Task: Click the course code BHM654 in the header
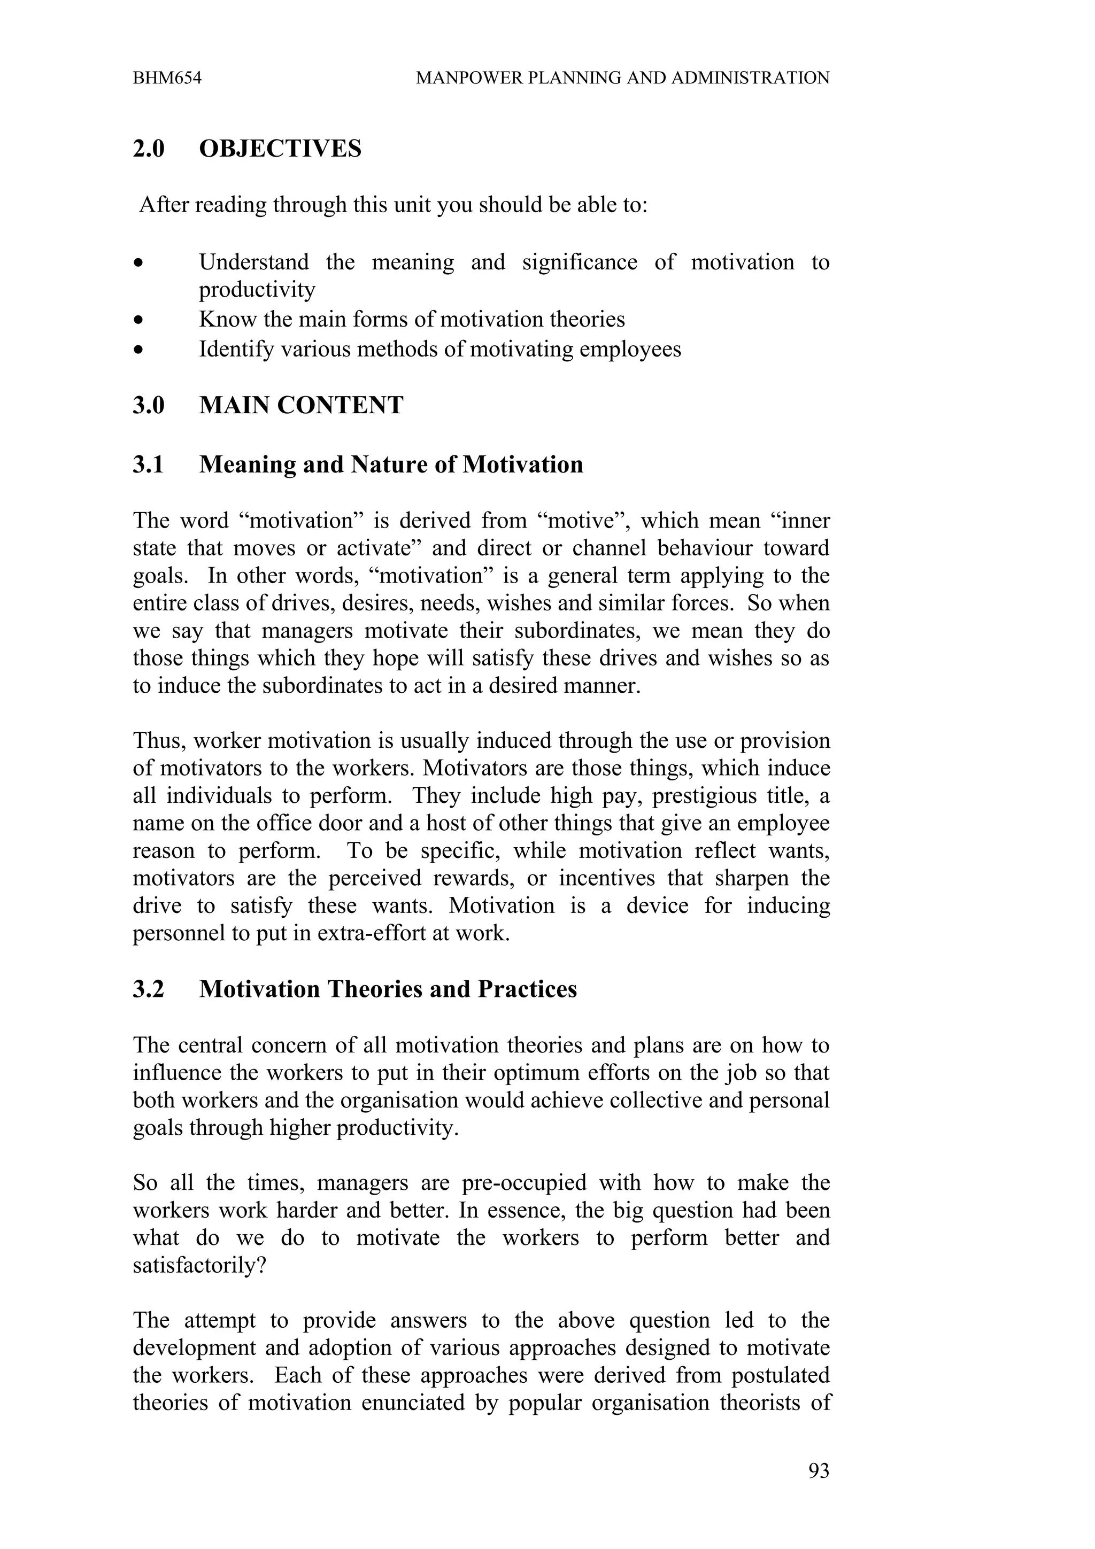(x=167, y=78)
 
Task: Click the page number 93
(x=819, y=1471)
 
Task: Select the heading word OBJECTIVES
(x=280, y=149)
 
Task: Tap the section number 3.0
(x=149, y=406)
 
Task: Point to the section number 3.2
(x=149, y=989)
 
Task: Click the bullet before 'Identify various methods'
(x=139, y=350)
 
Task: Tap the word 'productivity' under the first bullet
(x=257, y=290)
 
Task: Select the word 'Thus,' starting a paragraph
(x=159, y=741)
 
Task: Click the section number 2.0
(x=149, y=149)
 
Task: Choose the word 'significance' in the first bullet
(x=579, y=262)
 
